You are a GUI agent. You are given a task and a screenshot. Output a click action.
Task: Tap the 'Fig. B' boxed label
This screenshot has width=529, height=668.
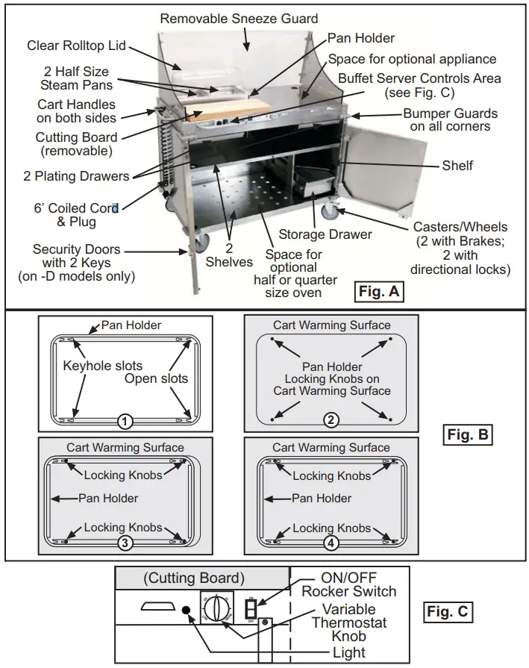coord(468,434)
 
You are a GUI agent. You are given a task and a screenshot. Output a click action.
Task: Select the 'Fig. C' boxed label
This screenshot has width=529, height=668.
coord(448,612)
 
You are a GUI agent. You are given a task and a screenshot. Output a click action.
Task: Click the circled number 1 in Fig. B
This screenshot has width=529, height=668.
coord(125,422)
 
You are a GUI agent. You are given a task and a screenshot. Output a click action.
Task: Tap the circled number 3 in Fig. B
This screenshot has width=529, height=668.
coord(125,543)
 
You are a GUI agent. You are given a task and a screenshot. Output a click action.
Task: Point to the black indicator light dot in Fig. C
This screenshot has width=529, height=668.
coord(185,611)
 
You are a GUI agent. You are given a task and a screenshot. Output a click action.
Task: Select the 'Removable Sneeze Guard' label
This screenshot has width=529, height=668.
coord(239,19)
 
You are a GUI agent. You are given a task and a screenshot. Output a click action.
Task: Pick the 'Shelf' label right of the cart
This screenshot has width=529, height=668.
coord(457,166)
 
